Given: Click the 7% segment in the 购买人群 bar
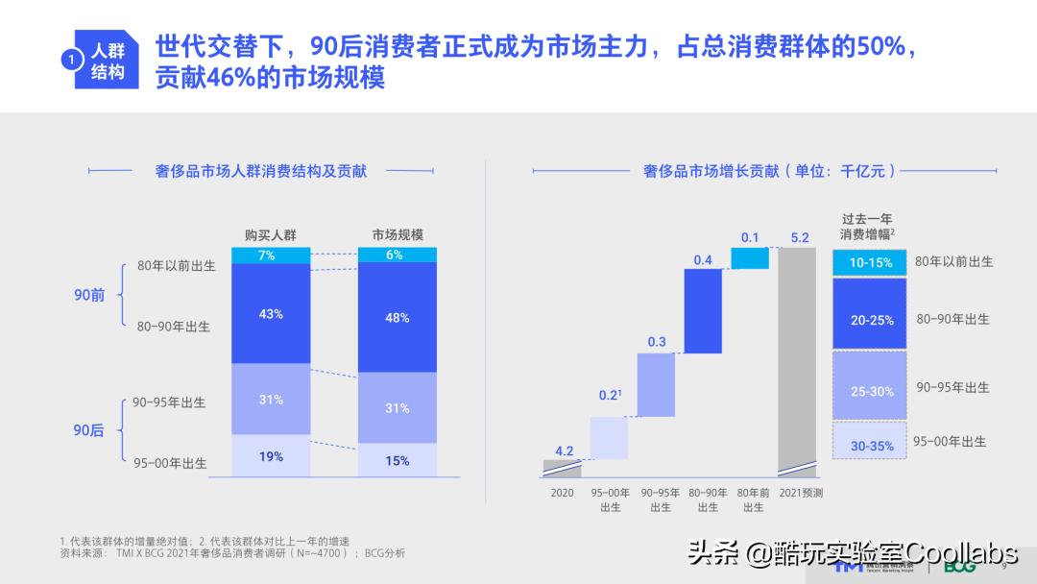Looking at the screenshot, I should tap(271, 255).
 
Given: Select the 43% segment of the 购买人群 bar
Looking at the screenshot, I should tap(271, 314).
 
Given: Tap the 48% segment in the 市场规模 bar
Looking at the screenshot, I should tap(398, 317).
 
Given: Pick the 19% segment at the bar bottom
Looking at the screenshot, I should tap(271, 456).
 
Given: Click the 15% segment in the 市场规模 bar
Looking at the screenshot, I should tap(398, 460).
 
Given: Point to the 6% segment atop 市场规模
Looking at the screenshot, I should tap(398, 255).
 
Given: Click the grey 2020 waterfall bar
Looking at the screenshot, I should tap(562, 468).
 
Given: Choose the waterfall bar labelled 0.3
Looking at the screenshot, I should tap(657, 384).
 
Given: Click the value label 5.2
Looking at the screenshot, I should tap(800, 237).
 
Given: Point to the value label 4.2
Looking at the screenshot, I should tap(565, 450).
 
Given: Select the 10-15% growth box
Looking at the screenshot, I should tap(871, 262).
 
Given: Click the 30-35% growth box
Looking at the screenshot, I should tap(871, 446).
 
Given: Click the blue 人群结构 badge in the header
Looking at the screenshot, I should tap(102, 62).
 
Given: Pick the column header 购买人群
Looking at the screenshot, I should tap(271, 234).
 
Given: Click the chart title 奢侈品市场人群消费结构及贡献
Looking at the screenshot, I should tap(261, 172).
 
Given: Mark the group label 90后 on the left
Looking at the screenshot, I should tap(89, 430).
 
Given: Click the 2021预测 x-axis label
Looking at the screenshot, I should tap(801, 494).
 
